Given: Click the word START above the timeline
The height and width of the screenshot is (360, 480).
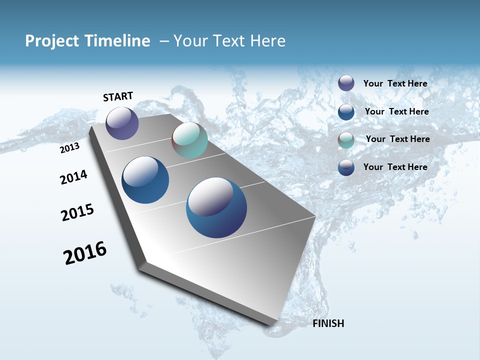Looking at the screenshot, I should pyautogui.click(x=118, y=96).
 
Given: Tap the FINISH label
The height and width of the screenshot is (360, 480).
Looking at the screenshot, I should pyautogui.click(x=328, y=323).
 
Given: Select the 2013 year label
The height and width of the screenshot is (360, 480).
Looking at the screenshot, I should pyautogui.click(x=70, y=148).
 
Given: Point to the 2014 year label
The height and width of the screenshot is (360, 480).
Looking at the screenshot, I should pyautogui.click(x=73, y=177).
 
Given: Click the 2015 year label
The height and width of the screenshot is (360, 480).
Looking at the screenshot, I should pyautogui.click(x=77, y=212).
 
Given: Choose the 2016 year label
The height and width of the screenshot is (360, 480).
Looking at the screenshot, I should pyautogui.click(x=85, y=252).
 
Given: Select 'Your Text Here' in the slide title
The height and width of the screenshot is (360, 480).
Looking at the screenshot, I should pyautogui.click(x=229, y=41).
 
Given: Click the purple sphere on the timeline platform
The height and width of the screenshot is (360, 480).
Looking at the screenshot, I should pyautogui.click(x=122, y=123).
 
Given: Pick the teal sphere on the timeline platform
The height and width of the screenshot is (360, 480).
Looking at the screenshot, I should pyautogui.click(x=189, y=140).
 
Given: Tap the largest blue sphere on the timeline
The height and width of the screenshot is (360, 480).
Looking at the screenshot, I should pyautogui.click(x=216, y=207).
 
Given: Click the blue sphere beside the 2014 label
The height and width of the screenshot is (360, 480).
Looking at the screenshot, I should pyautogui.click(x=145, y=180).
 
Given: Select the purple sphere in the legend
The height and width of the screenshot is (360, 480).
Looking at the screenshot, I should pyautogui.click(x=346, y=83).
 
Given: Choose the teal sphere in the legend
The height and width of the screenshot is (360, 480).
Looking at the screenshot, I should pyautogui.click(x=346, y=139).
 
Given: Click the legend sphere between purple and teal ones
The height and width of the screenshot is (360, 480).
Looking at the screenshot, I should pyautogui.click(x=346, y=111).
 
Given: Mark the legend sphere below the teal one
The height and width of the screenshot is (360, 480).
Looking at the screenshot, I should pyautogui.click(x=346, y=167).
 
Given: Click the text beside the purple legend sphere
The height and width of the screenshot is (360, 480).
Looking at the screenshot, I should pyautogui.click(x=395, y=83).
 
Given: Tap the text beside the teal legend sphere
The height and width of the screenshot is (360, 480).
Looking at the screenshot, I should pyautogui.click(x=397, y=139).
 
